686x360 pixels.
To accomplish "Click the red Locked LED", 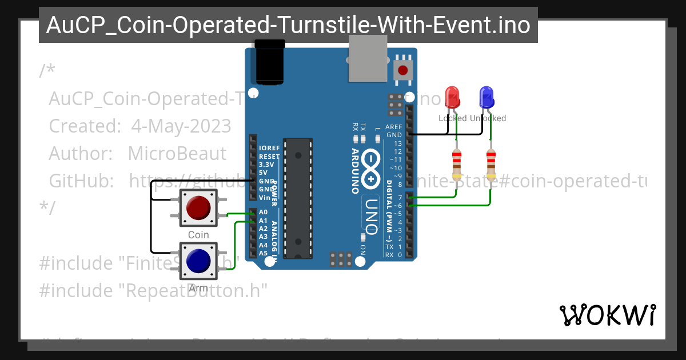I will (452, 97).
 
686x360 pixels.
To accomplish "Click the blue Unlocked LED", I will (486, 97).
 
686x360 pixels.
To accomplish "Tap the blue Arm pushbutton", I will (198, 261).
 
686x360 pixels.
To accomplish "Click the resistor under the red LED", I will (456, 164).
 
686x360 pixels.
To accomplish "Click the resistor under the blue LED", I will (490, 164).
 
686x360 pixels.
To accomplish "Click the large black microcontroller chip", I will (297, 197).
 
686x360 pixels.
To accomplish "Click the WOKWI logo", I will (607, 315).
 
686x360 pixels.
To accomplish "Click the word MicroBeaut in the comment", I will (177, 153).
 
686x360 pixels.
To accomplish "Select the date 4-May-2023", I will (181, 126).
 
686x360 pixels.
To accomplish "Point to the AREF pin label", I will (394, 127).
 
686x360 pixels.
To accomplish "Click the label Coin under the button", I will (198, 235).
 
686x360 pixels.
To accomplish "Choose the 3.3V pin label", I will (267, 164).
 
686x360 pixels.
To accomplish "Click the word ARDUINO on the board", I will (354, 171).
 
